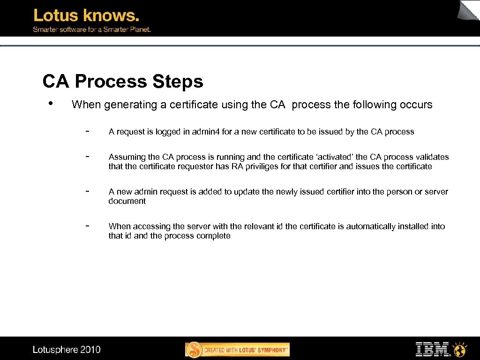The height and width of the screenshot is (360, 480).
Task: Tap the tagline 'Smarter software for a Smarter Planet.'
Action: pos(91,29)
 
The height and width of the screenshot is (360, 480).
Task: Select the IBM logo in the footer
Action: pos(432,349)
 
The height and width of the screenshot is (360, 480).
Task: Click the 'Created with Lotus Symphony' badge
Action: pos(238,350)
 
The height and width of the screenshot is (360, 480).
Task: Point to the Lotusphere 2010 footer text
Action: pos(67,349)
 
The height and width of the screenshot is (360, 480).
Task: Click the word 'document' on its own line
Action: pos(127,201)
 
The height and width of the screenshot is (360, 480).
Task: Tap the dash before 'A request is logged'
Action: pos(88,131)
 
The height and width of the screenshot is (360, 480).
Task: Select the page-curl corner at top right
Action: pos(469,10)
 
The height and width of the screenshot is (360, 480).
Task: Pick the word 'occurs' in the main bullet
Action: pos(416,105)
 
